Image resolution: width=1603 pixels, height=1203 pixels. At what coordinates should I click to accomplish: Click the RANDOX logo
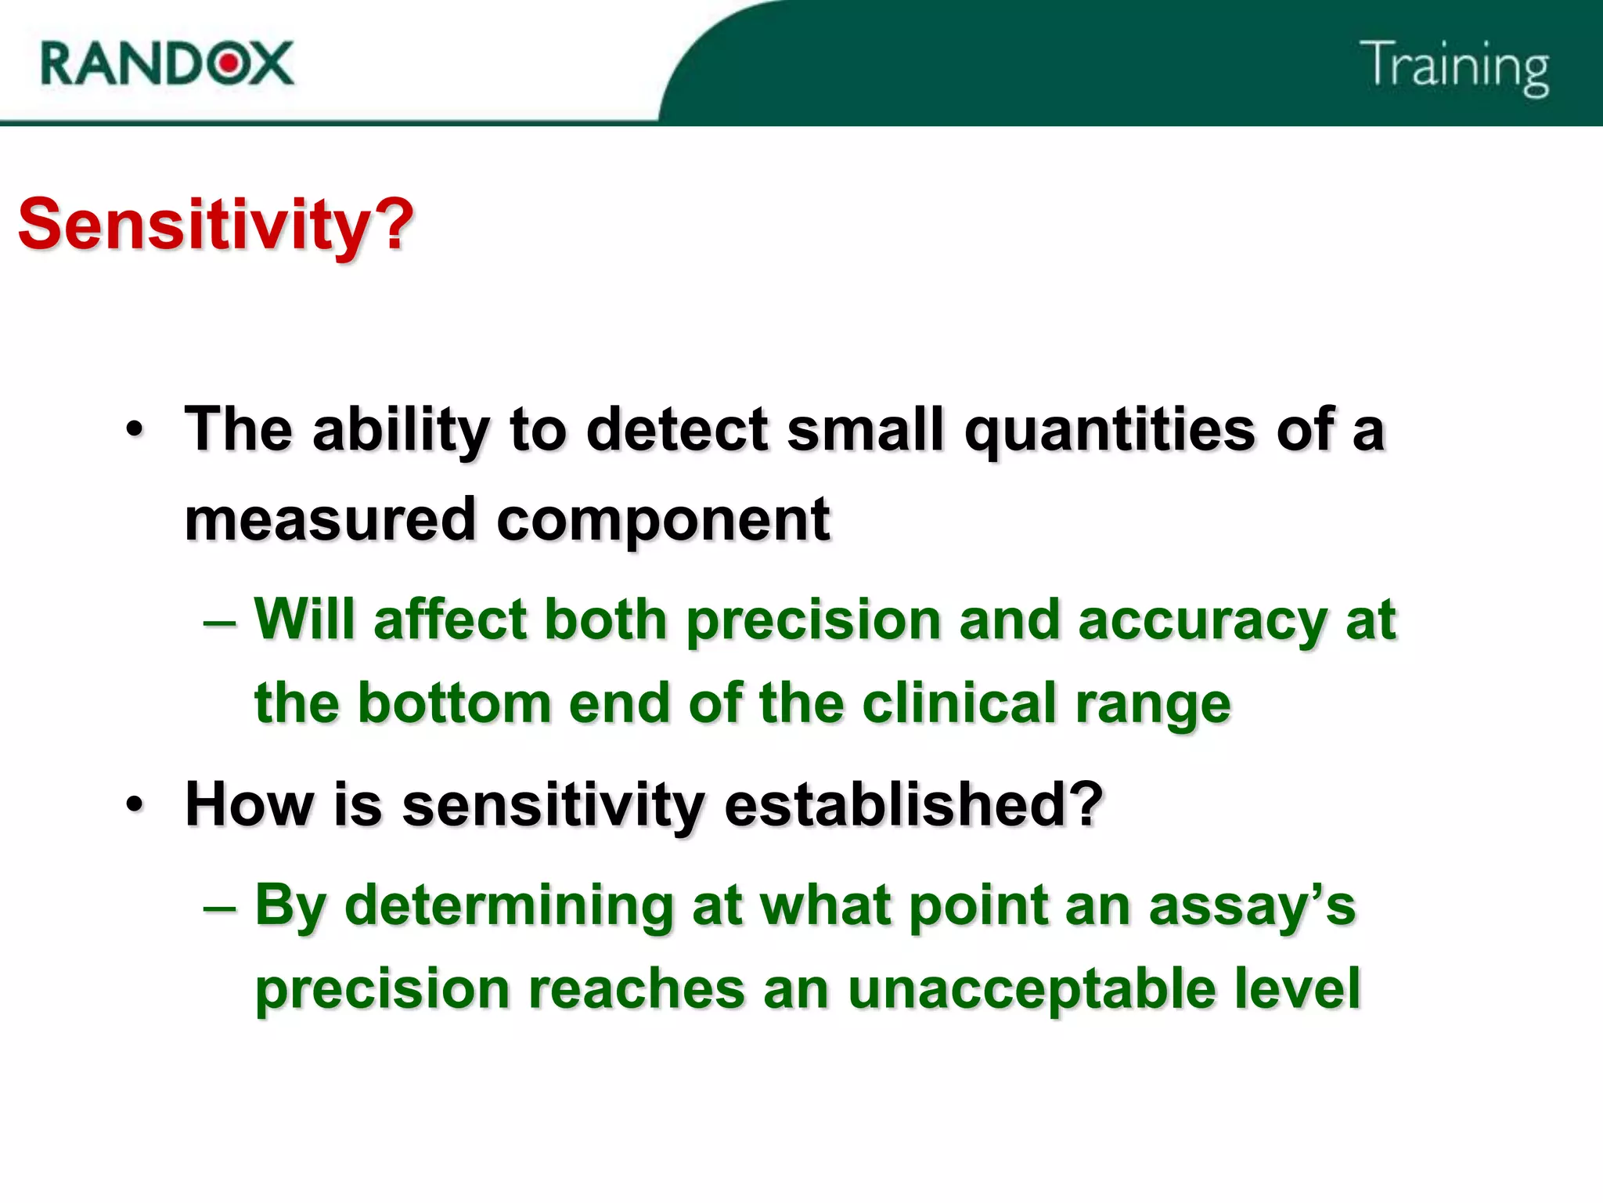click(x=167, y=63)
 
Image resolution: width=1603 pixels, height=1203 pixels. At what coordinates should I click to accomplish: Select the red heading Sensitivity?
click(x=215, y=225)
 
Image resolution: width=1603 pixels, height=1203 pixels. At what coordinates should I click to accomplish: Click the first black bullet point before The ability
click(x=135, y=430)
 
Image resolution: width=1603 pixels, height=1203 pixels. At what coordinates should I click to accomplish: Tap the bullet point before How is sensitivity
click(x=135, y=804)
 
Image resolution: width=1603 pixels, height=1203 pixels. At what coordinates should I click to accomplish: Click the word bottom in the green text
click(x=455, y=703)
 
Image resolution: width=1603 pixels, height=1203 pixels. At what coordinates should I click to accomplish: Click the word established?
click(x=913, y=804)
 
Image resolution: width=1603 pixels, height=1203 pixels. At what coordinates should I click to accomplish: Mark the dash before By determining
click(x=219, y=907)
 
